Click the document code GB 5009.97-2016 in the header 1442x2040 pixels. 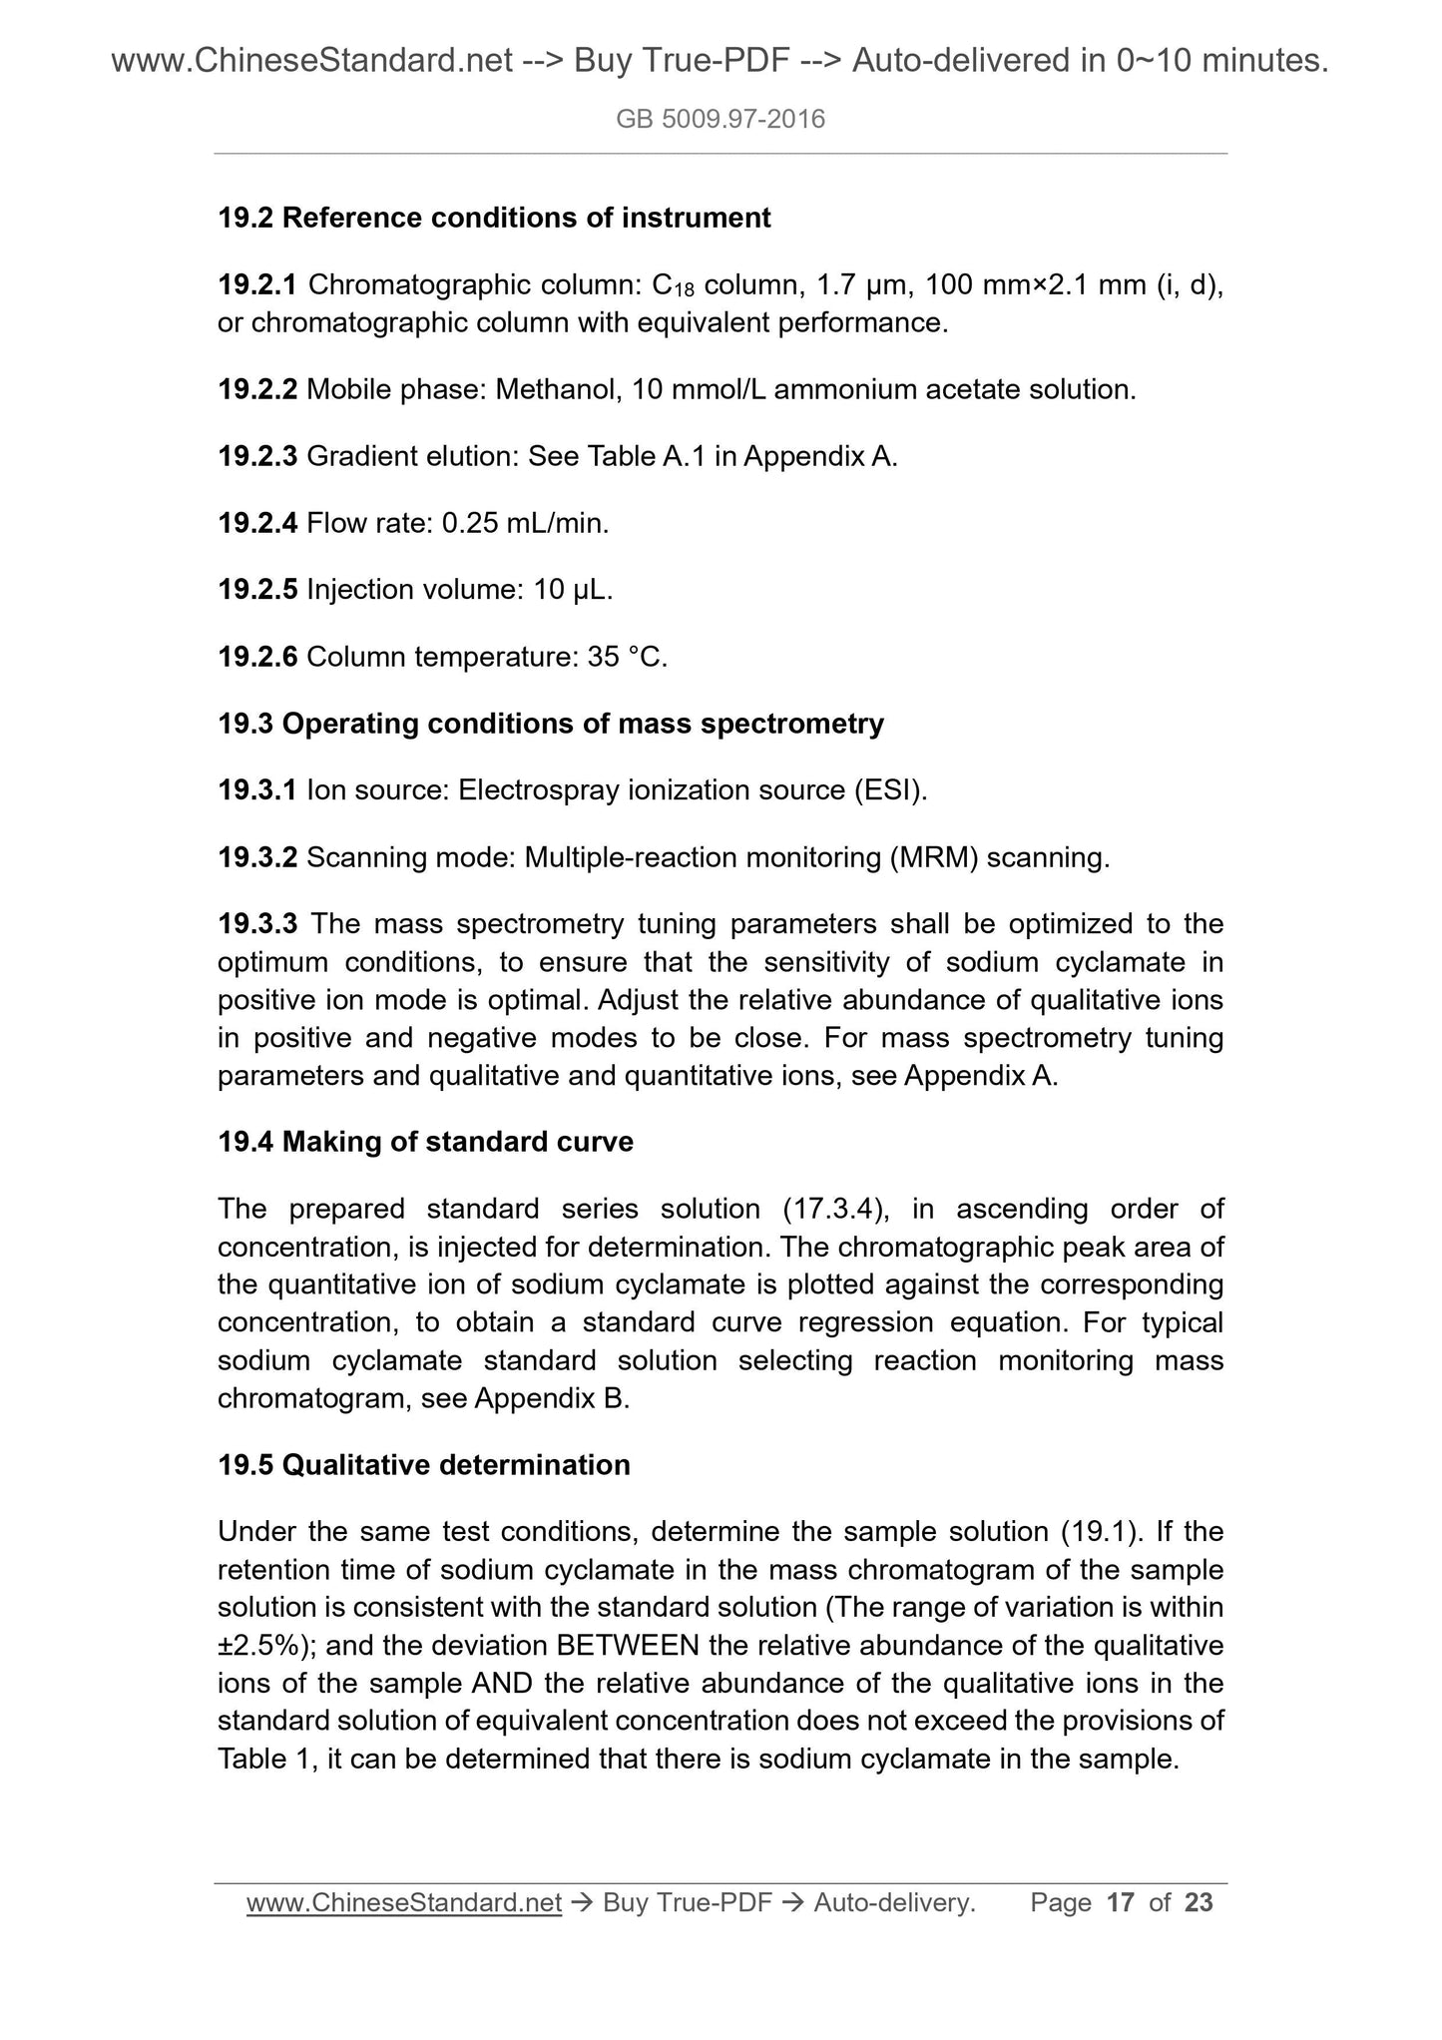tap(721, 121)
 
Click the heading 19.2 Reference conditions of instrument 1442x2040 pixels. tap(494, 218)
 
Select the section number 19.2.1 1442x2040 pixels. tap(256, 285)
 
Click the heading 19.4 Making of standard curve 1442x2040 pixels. tap(425, 1142)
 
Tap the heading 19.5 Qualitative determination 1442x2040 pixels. tap(424, 1465)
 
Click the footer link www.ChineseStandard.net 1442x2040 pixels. tap(403, 1903)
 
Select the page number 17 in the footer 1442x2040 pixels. tap(1121, 1903)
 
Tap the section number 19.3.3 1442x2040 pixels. tap(256, 924)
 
